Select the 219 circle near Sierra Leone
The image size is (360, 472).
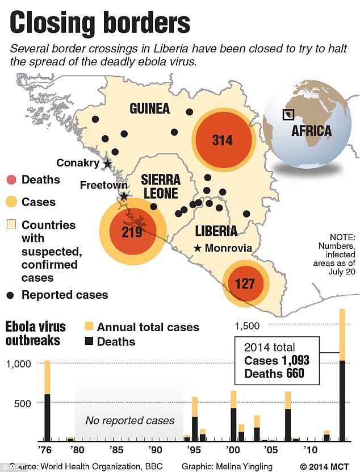[x=132, y=232]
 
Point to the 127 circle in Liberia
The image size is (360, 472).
[x=245, y=283]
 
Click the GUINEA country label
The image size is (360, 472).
[x=150, y=108]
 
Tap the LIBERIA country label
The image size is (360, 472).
[x=216, y=231]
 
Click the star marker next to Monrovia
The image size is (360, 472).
[x=197, y=248]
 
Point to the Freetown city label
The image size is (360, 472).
[x=99, y=185]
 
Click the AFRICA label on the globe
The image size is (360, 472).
[x=311, y=131]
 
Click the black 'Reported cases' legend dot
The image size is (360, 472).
[x=11, y=295]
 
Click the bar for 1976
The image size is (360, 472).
[x=48, y=400]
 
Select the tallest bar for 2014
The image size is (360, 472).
[x=342, y=375]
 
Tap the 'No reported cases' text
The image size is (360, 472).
[x=129, y=421]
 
